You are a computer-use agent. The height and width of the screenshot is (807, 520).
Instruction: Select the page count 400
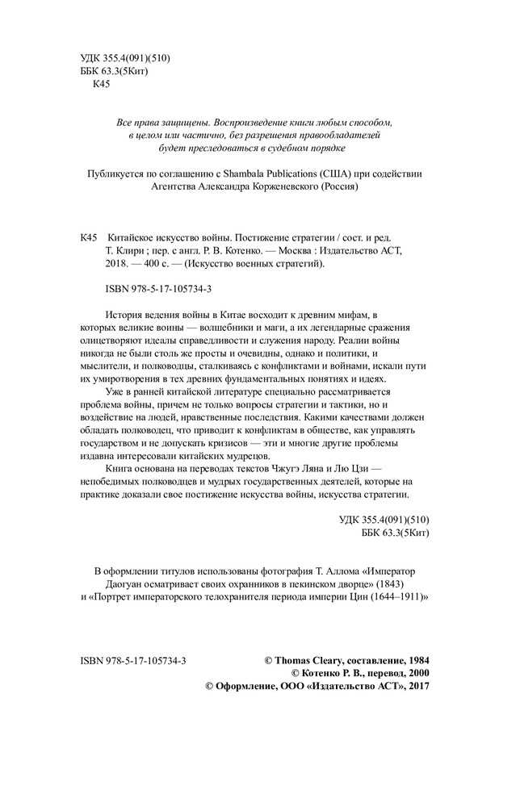[156, 264]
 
